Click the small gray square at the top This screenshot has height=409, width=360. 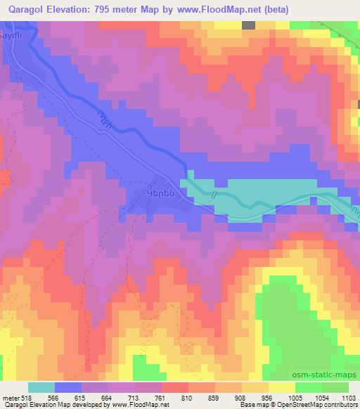click(x=248, y=25)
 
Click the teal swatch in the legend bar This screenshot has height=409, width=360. click(x=41, y=387)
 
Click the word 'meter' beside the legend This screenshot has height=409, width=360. click(x=9, y=398)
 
